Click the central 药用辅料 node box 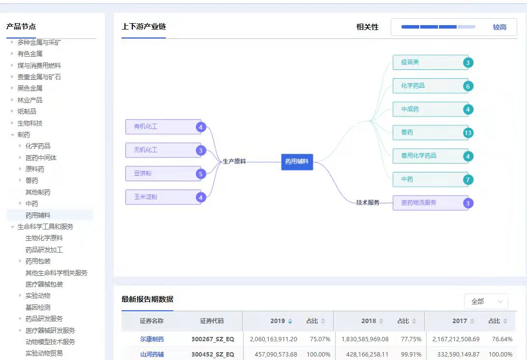(x=297, y=162)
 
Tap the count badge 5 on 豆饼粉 (x=200, y=174)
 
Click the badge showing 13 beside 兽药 (x=468, y=133)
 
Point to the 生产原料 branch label (x=234, y=161)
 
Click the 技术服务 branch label (x=368, y=202)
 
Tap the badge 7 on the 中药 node (x=468, y=180)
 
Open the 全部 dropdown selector (x=486, y=301)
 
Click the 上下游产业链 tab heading (x=143, y=27)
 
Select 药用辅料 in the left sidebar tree (x=38, y=215)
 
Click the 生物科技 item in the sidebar (x=30, y=123)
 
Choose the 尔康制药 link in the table (x=152, y=339)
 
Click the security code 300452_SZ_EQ (x=213, y=354)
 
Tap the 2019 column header (x=278, y=321)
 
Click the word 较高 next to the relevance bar (x=499, y=27)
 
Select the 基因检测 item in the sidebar (x=38, y=307)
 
